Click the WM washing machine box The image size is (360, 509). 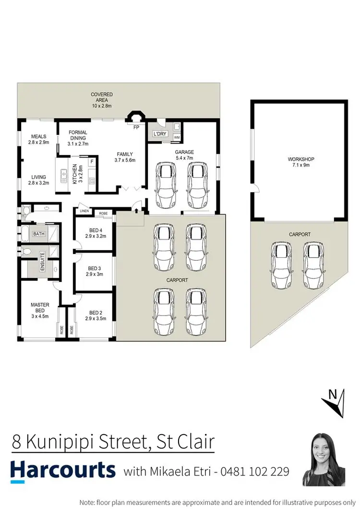177,138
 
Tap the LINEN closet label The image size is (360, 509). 84,211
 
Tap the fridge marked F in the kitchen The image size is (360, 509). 92,162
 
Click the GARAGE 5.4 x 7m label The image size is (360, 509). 184,155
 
